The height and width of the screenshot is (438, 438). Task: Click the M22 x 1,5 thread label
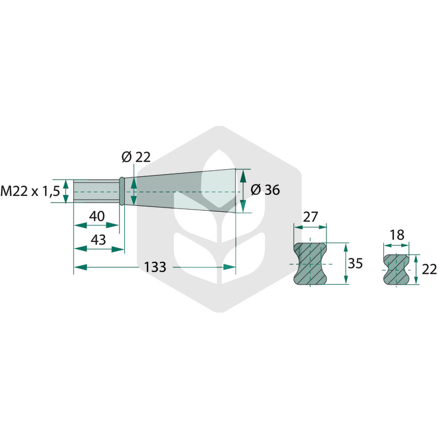(x=30, y=191)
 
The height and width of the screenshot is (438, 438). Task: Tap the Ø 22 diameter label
(x=136, y=157)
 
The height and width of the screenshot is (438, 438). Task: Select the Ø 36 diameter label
(x=265, y=190)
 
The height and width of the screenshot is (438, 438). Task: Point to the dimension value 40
(x=97, y=216)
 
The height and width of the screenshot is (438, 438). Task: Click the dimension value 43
(x=99, y=240)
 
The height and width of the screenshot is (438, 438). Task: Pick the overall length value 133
(x=155, y=267)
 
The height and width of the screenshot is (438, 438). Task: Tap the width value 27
(x=310, y=217)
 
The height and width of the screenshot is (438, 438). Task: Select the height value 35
(x=355, y=263)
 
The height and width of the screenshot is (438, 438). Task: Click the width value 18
(x=396, y=235)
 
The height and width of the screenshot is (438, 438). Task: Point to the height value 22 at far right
(x=429, y=269)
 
